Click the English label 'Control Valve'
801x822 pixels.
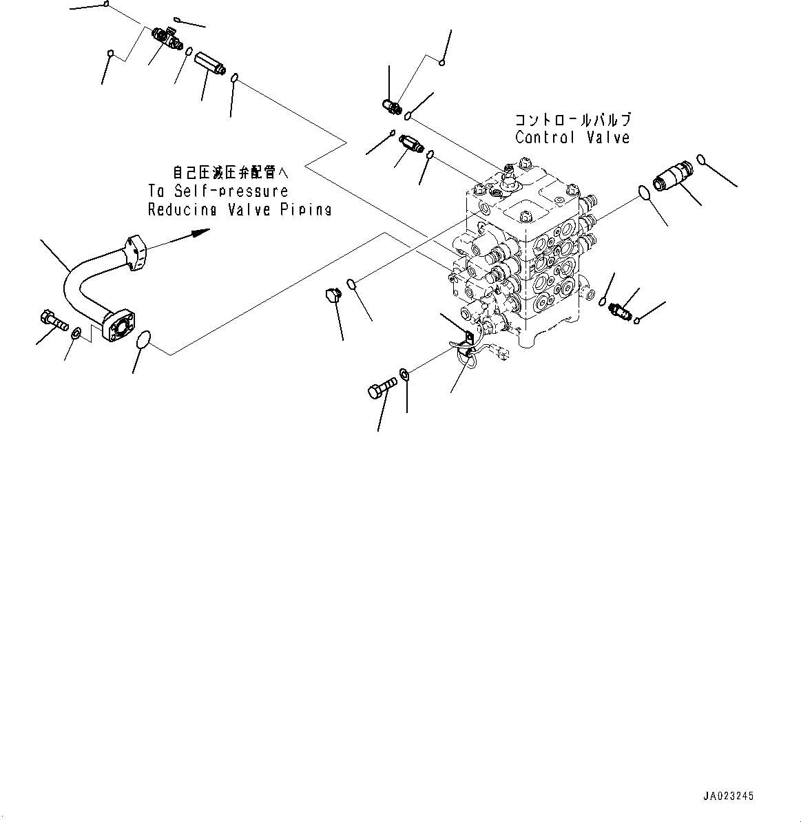(x=572, y=138)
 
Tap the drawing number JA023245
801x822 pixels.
(x=728, y=796)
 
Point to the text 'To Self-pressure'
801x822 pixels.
(x=218, y=191)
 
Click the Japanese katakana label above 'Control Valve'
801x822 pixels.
(x=572, y=120)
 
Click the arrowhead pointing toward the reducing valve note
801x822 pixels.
(x=200, y=232)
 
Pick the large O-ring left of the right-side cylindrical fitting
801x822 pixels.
(x=645, y=193)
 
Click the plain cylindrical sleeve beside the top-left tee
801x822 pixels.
(x=206, y=65)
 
